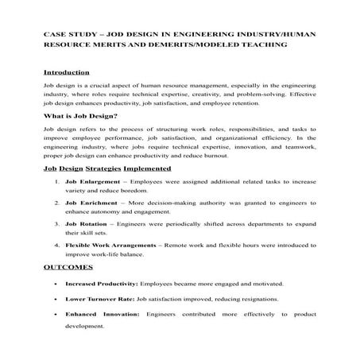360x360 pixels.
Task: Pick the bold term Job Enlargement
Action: pyautogui.click(x=92, y=183)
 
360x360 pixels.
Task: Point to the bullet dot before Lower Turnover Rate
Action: pyautogui.click(x=53, y=300)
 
